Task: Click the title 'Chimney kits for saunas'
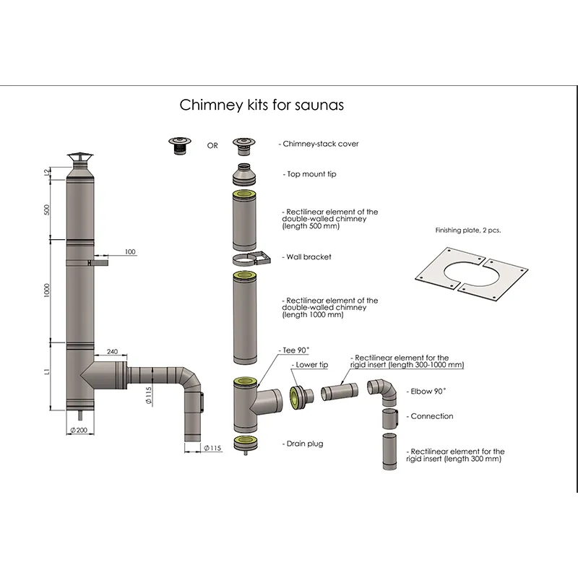pyautogui.click(x=261, y=105)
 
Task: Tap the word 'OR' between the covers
pyautogui.click(x=212, y=145)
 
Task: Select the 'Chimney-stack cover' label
pyautogui.click(x=319, y=144)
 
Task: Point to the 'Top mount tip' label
pyautogui.click(x=310, y=174)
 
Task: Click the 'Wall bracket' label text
pyautogui.click(x=309, y=257)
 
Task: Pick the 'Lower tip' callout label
pyautogui.click(x=311, y=366)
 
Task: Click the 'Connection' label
pyautogui.click(x=431, y=416)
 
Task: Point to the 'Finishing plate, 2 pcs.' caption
pyautogui.click(x=467, y=230)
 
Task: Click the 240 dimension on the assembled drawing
pyautogui.click(x=111, y=352)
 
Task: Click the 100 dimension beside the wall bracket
pyautogui.click(x=129, y=252)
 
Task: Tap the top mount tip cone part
pyautogui.click(x=246, y=174)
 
